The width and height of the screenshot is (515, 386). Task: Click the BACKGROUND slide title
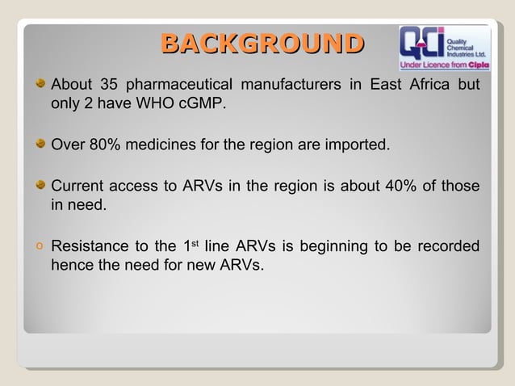click(x=260, y=44)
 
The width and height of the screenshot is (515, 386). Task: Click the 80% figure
click(x=104, y=146)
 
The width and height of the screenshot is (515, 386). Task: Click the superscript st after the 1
click(x=194, y=243)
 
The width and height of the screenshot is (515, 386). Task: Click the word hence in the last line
click(x=71, y=266)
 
